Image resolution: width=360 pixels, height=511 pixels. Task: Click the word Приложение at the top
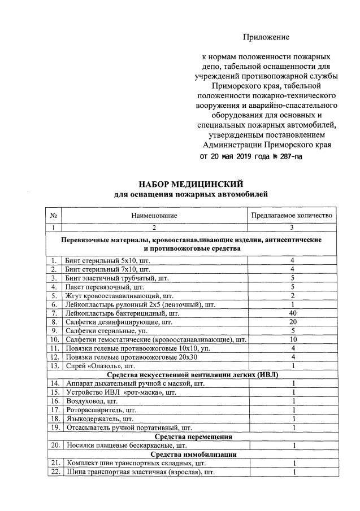266,37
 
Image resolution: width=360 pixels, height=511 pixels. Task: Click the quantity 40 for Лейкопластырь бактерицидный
292,313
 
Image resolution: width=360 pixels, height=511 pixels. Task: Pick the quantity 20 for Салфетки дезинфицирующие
292,322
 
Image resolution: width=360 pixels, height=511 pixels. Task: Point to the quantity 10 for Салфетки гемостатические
292,340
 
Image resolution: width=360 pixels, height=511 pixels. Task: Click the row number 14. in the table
54,384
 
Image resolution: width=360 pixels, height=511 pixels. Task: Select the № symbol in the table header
54,216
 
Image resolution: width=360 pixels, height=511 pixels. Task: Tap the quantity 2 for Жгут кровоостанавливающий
292,295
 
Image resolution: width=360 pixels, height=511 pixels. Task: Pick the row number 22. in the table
54,472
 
